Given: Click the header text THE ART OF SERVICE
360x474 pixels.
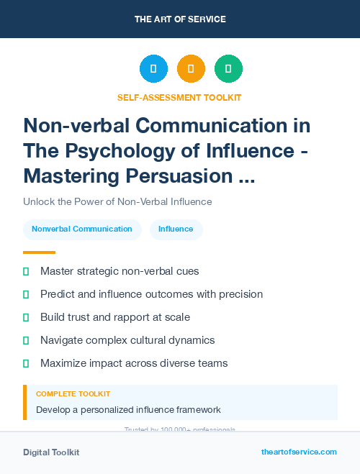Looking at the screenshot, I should (x=179, y=19).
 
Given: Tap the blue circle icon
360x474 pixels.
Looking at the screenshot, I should (x=153, y=68).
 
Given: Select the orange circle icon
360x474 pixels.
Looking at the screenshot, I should (x=191, y=68).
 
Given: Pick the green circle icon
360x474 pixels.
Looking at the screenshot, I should (x=228, y=68).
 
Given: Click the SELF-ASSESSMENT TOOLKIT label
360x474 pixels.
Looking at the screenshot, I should (x=179, y=97).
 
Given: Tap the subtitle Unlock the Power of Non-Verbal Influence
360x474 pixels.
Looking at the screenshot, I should (x=117, y=202).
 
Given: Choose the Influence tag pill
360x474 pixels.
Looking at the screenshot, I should (x=176, y=229).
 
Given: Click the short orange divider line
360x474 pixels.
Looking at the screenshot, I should (x=39, y=252).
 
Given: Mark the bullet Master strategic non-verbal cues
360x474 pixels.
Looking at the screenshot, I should (x=120, y=271).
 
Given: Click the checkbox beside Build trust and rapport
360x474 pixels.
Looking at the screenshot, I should (x=26, y=317).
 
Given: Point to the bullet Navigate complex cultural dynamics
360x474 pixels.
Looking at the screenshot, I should (x=127, y=340).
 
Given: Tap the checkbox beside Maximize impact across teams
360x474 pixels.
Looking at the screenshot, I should (x=26, y=363).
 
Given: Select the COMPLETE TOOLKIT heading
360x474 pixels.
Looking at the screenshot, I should (x=73, y=394).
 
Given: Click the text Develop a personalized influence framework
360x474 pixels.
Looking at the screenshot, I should (x=128, y=410).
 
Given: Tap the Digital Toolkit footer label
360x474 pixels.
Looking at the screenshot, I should (x=51, y=452).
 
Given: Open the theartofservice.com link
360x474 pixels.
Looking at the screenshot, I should (x=299, y=452).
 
